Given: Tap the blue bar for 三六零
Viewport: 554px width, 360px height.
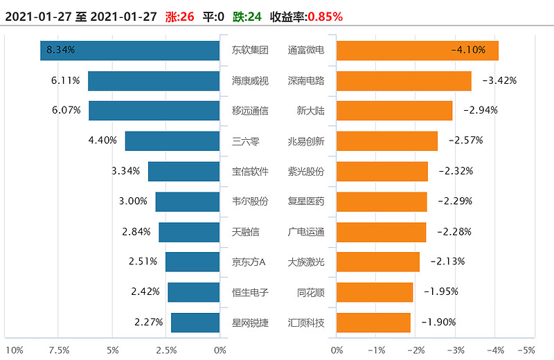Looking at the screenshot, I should click(x=172, y=141).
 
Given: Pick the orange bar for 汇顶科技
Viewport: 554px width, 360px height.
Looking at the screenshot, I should click(x=373, y=323).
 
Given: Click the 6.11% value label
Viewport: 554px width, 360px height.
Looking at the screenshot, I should click(x=66, y=80).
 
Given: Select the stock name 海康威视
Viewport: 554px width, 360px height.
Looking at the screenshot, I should click(x=250, y=80).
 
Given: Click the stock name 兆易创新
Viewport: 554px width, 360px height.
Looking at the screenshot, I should click(x=306, y=141).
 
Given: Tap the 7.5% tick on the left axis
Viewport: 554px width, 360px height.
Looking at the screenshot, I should click(x=59, y=350).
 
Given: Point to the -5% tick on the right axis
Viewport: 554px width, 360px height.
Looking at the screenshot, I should click(x=526, y=350).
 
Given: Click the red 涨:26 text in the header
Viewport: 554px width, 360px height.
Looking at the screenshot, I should click(x=180, y=16).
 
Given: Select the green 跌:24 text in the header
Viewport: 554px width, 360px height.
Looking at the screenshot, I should click(x=247, y=16).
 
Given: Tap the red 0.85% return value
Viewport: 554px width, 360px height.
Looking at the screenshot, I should click(x=325, y=16).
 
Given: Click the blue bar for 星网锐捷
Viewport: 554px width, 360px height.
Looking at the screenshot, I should click(x=195, y=323).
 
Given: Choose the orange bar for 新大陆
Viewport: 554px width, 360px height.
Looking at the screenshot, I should click(x=394, y=111).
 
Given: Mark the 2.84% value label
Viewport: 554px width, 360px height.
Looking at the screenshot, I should click(x=136, y=231).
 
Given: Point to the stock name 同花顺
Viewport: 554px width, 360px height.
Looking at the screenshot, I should click(x=311, y=292).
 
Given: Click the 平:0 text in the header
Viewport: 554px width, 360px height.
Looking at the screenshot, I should click(x=213, y=16).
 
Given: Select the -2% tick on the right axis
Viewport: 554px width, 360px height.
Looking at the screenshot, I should click(x=415, y=350).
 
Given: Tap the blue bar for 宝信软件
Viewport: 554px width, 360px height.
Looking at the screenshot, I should click(x=184, y=171).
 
